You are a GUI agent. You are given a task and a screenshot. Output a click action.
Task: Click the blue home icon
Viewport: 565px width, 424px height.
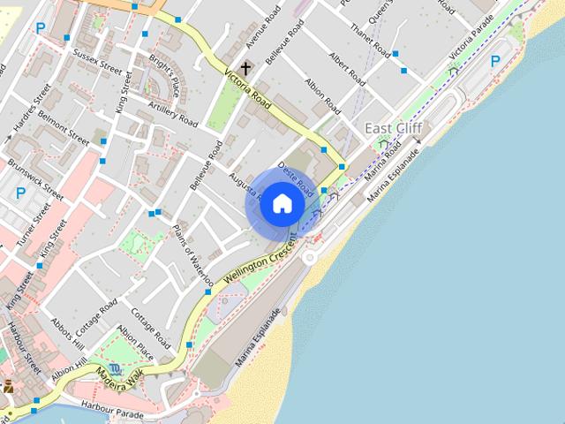pyautogui.click(x=282, y=204)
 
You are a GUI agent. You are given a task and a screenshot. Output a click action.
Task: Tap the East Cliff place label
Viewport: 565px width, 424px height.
pyautogui.click(x=394, y=129)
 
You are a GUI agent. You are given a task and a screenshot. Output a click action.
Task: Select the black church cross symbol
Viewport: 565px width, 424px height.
pyautogui.click(x=245, y=67)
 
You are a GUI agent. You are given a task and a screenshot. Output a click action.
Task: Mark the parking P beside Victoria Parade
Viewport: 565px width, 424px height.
pyautogui.click(x=495, y=61)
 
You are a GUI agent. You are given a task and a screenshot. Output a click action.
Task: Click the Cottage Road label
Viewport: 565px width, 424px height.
pyautogui.click(x=145, y=326)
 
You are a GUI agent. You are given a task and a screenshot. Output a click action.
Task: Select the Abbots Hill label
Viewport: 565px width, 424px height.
pyautogui.click(x=67, y=333)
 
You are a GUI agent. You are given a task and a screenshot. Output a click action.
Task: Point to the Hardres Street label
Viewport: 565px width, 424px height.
pyautogui.click(x=26, y=111)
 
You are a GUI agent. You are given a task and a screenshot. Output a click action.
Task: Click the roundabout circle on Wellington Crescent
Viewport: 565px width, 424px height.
pyautogui.click(x=310, y=257)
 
